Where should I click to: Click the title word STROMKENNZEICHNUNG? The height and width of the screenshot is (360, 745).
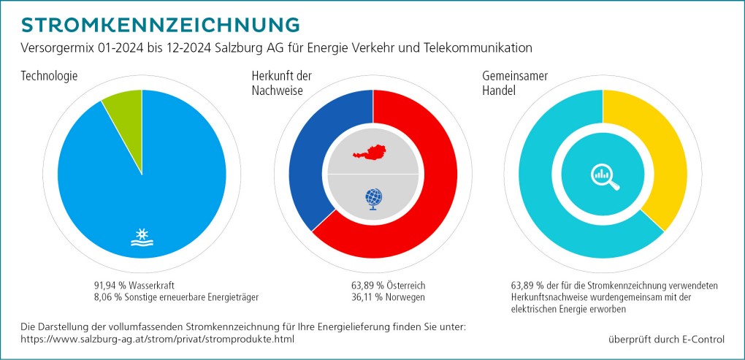(x=161, y=24)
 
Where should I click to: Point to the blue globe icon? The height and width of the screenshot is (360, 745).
(x=373, y=198)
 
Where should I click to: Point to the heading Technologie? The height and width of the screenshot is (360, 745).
(x=50, y=76)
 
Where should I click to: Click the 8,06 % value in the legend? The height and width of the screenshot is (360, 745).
(x=107, y=296)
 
